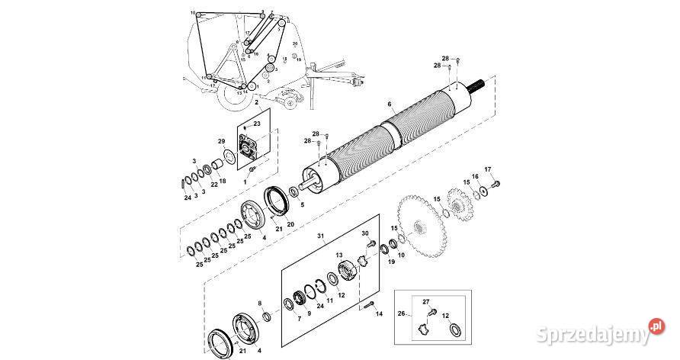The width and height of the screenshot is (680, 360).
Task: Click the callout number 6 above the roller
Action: click(389, 104)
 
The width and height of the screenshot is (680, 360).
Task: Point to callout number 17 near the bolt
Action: click(489, 169)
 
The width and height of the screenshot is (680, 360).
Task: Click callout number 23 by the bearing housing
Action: click(257, 124)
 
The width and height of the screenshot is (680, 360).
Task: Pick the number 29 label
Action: click(221, 143)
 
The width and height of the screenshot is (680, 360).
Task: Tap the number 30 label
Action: click(364, 233)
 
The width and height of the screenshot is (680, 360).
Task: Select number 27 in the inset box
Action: click(426, 302)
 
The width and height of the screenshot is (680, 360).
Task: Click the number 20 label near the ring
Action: click(290, 223)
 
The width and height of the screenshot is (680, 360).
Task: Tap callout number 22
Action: click(214, 183)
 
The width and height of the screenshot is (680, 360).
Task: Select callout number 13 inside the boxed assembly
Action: click(339, 256)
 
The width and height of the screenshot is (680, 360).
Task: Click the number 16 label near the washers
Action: click(474, 176)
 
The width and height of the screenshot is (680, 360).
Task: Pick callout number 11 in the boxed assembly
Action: click(330, 301)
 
